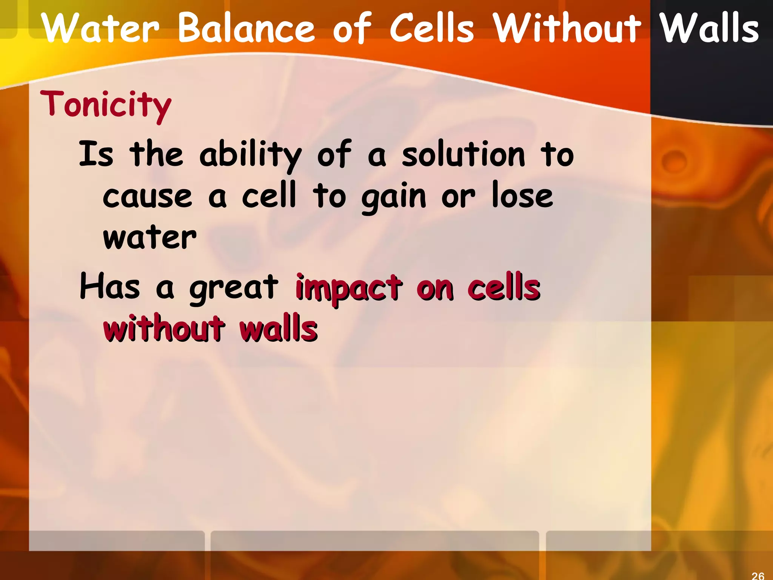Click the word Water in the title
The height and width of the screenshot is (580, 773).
[x=100, y=28]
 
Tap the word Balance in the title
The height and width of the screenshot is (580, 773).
[x=246, y=28]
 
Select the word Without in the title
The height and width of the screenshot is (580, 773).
[x=567, y=28]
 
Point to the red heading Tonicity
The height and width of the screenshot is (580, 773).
[x=106, y=105]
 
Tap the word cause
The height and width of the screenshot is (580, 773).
[x=147, y=196]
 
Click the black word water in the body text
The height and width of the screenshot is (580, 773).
[x=149, y=238]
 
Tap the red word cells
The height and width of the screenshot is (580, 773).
[x=504, y=287]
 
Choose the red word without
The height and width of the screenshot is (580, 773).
[x=164, y=329]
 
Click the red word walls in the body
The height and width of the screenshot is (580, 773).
[x=279, y=329]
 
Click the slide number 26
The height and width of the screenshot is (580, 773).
[x=758, y=575]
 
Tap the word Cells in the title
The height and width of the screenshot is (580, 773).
[x=431, y=28]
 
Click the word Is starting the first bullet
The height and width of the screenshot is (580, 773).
[x=96, y=154]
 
